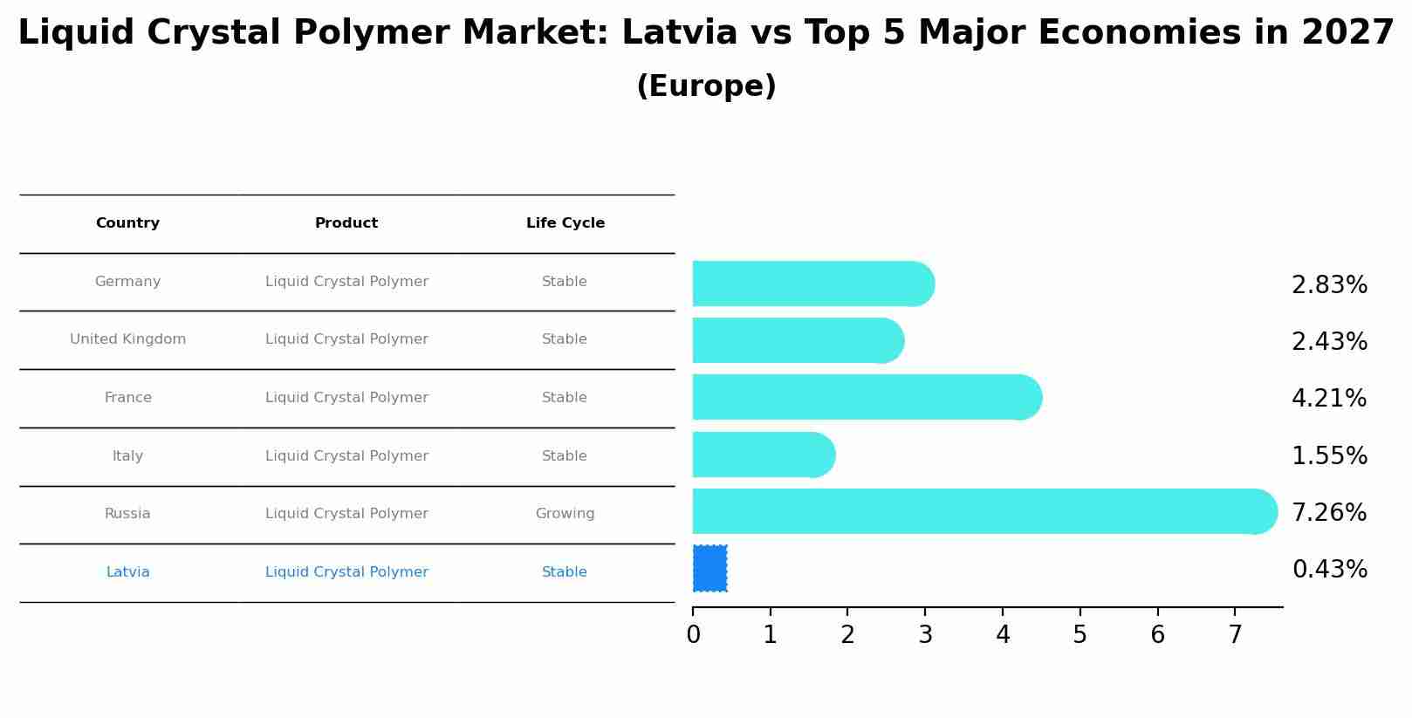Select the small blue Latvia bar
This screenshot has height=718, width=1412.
(709, 569)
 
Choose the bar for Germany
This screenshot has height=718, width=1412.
(812, 284)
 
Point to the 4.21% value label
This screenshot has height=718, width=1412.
(1329, 399)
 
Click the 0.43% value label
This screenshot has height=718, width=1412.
(1329, 570)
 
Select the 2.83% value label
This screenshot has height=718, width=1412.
(1329, 285)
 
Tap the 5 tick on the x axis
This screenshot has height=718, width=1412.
(1080, 634)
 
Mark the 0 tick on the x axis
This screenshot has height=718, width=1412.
(693, 634)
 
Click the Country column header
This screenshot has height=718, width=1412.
(127, 223)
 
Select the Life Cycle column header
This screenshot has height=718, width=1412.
(565, 223)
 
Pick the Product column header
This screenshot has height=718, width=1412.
(346, 223)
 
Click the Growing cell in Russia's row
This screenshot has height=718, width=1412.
(565, 514)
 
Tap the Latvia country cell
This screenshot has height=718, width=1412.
(127, 572)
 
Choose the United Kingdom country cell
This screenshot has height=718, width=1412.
(127, 339)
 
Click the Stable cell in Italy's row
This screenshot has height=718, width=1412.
(564, 456)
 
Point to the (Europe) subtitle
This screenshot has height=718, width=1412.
(706, 86)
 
